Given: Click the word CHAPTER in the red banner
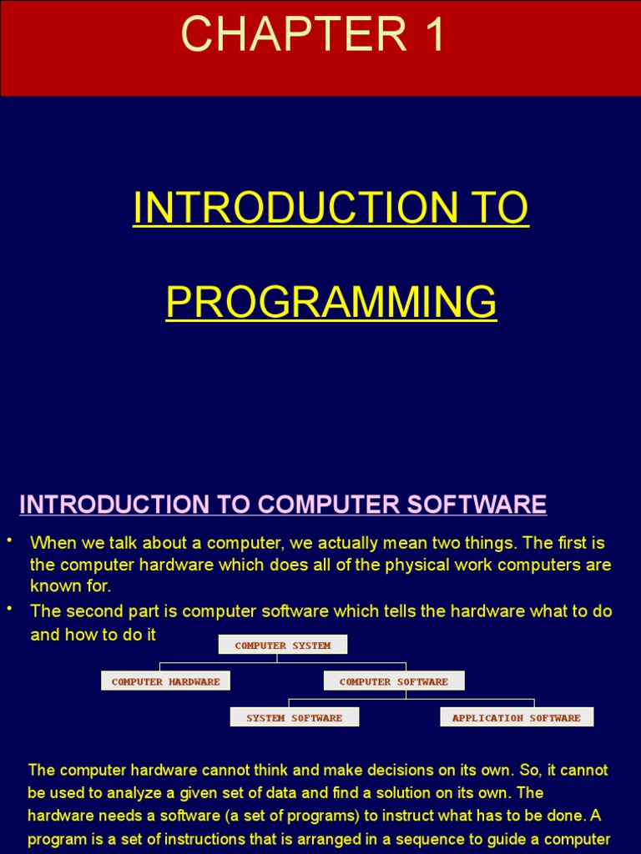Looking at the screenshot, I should click(284, 35).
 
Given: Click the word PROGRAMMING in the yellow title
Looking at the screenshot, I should click(331, 302).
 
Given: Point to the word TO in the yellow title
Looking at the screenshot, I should click(497, 208).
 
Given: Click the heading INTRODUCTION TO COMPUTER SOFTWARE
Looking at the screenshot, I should click(283, 505).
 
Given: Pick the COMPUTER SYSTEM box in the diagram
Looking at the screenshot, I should click(282, 645).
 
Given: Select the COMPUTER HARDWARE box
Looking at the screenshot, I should click(165, 681).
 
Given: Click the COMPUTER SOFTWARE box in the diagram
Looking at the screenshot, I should click(394, 681).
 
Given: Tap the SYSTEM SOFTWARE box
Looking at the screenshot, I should click(295, 717).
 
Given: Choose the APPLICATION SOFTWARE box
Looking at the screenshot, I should click(517, 717).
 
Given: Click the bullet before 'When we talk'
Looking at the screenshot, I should click(9, 540).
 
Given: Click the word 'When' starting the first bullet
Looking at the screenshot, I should click(53, 544).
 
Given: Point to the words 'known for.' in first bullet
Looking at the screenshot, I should click(71, 586).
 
